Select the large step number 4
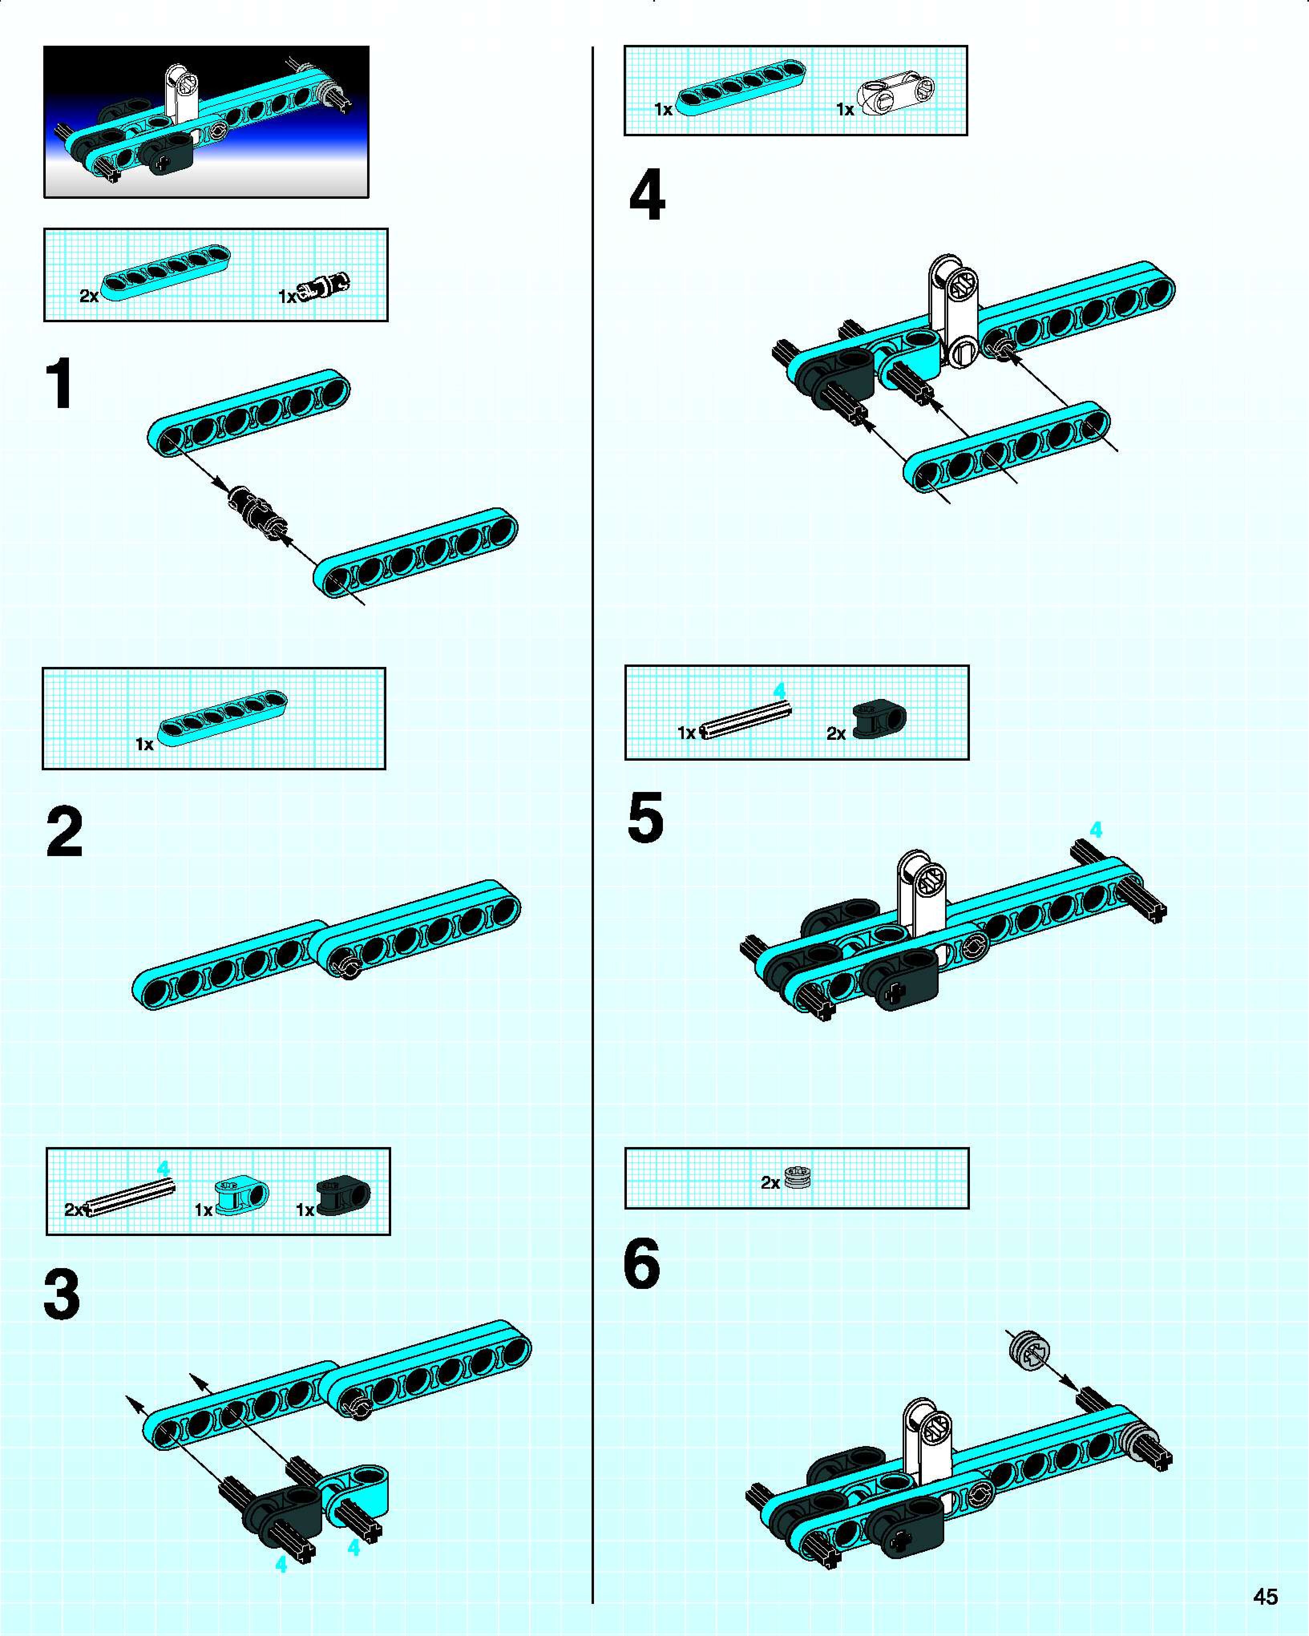pos(647,195)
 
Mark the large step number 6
pos(642,1263)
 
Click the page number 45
pos(1265,1597)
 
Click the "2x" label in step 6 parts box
pos(770,1182)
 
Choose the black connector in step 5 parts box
pos(879,719)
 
